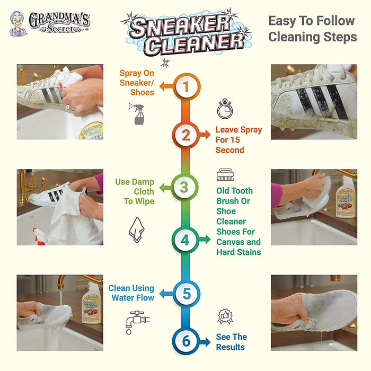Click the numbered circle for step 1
(x=185, y=86)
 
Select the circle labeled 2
(x=185, y=135)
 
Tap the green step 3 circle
(x=184, y=187)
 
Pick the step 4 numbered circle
(x=185, y=240)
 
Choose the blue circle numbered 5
(x=185, y=293)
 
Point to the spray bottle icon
(x=137, y=114)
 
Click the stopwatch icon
(x=224, y=109)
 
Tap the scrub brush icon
(x=225, y=175)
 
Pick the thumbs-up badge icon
(x=224, y=317)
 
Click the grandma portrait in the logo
(x=17, y=24)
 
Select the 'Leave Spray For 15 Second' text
(x=238, y=140)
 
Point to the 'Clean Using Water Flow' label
(x=131, y=293)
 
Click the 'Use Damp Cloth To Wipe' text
(x=135, y=191)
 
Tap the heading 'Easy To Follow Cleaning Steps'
(x=311, y=29)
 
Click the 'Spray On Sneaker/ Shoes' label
(x=137, y=82)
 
